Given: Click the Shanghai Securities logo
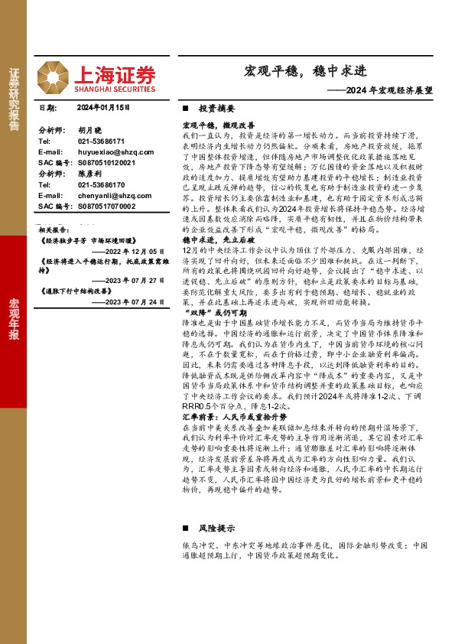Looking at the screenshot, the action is pos(115,76).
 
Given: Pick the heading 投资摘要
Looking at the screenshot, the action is pos(216,109).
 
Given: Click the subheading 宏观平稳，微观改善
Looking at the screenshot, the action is pos(218,124).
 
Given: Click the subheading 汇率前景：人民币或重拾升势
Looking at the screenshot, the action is pos(233,418).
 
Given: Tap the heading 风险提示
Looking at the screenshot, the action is pos(216,529).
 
